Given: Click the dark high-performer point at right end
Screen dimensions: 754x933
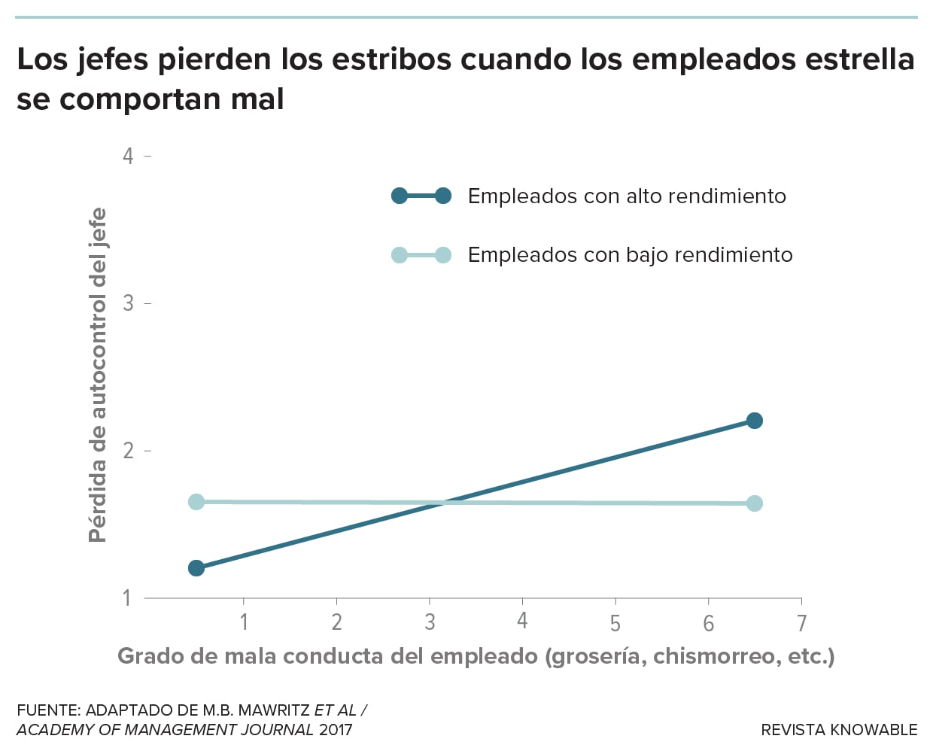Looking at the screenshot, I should [754, 421].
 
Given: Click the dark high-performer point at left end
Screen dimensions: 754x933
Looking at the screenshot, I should [196, 568].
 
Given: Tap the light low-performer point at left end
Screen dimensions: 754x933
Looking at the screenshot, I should [196, 502].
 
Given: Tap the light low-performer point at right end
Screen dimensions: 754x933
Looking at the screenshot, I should [754, 503].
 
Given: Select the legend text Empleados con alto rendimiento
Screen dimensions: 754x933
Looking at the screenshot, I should [627, 196].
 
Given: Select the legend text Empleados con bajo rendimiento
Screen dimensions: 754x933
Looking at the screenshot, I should [630, 255].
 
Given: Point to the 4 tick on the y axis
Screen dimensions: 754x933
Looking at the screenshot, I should [129, 156].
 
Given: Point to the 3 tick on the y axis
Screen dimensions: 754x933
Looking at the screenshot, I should [129, 303].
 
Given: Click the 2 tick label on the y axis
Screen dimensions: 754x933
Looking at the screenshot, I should [129, 451].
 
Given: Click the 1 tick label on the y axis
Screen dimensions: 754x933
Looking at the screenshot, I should [128, 598].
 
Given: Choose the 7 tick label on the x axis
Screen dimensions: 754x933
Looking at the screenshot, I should [801, 623].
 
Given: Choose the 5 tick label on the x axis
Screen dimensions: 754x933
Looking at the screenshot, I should [615, 623].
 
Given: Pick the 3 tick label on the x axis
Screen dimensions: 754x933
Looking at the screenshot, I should [430, 622].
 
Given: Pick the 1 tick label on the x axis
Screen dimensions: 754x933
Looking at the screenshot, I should [244, 622].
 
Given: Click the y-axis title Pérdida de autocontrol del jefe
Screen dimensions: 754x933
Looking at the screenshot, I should [98, 375].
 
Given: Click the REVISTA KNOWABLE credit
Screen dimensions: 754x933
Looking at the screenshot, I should [839, 730].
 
